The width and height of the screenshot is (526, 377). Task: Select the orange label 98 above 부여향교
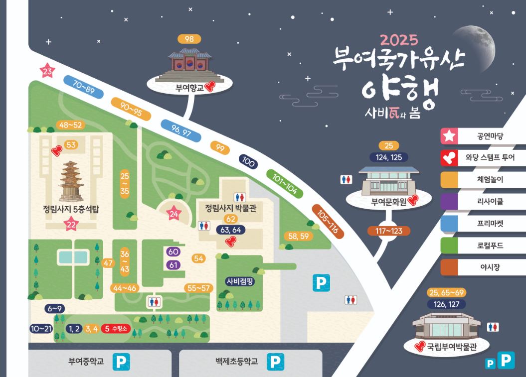[x=189, y=39]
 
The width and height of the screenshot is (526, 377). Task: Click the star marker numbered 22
[x=71, y=225]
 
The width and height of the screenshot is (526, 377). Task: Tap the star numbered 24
[x=174, y=214]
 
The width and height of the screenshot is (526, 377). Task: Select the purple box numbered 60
[x=174, y=252]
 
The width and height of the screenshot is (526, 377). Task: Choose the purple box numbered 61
[x=174, y=264]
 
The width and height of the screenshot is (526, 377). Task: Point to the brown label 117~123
[x=388, y=231]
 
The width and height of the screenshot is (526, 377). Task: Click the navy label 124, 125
[x=388, y=157]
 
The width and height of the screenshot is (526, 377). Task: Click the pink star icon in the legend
[x=449, y=136]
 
